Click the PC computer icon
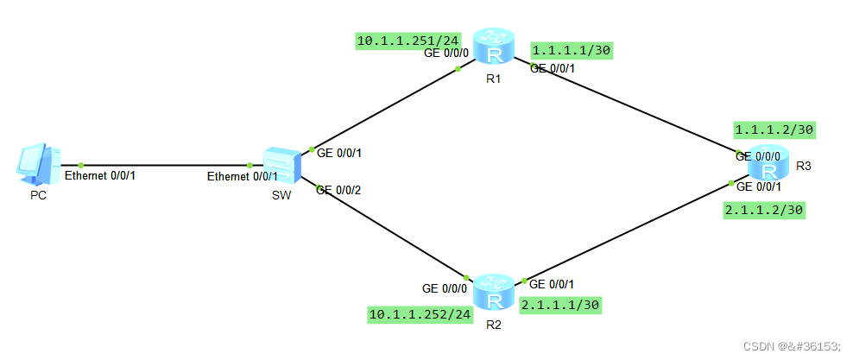[x=38, y=164]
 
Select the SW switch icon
[x=281, y=165]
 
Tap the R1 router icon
[x=494, y=47]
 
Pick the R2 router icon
[x=494, y=292]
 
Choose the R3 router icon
[x=769, y=164]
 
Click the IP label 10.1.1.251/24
[x=408, y=41]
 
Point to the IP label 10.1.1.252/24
[x=420, y=314]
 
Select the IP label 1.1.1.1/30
[x=572, y=51]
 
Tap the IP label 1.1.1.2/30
[x=774, y=129]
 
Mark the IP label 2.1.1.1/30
[x=559, y=306]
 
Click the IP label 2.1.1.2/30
[x=764, y=211]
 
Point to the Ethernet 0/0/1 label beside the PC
[x=100, y=176]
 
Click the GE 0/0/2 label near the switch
[x=339, y=190]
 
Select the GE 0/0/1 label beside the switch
[x=339, y=154]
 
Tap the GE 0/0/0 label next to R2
[x=445, y=288]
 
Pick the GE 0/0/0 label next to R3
[x=758, y=156]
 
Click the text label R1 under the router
[x=494, y=79]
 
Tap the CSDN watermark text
[x=792, y=346]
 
